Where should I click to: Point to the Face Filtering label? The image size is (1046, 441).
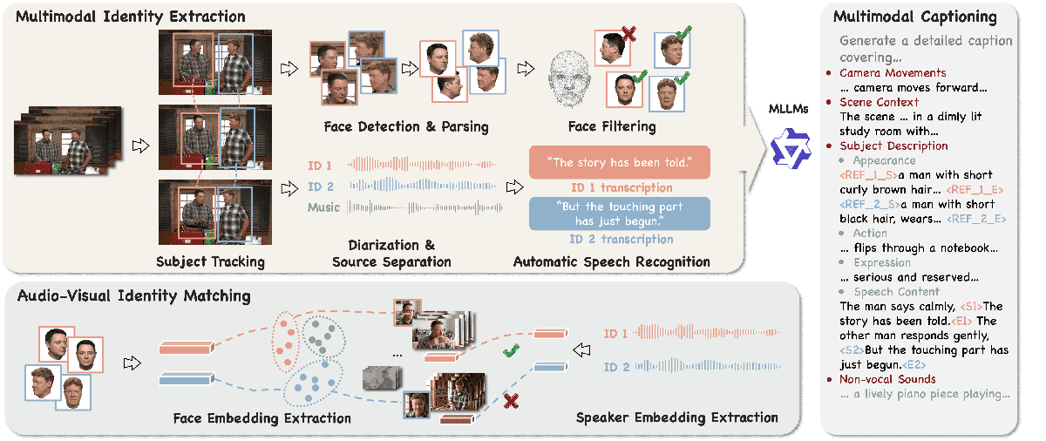tap(612, 127)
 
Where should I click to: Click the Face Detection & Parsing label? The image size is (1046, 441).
tap(406, 127)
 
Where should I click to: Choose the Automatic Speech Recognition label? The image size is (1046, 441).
tap(611, 261)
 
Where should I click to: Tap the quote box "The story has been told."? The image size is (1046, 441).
tap(620, 162)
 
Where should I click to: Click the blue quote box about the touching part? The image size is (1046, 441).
tap(620, 214)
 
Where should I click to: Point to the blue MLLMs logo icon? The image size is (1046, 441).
tap(791, 146)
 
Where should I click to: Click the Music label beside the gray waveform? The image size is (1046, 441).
tap(323, 207)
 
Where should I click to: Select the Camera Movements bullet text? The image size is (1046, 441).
tap(892, 72)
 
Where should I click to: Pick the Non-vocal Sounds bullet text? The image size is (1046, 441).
tap(887, 379)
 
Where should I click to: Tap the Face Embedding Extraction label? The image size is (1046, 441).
tap(261, 417)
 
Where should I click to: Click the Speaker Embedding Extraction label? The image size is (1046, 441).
tap(677, 417)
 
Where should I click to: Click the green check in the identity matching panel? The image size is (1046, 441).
tap(511, 352)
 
